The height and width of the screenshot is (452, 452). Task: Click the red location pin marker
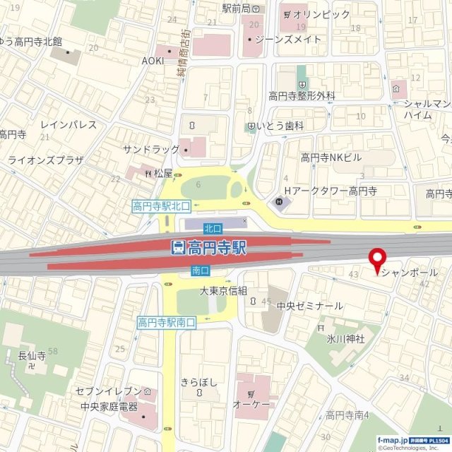point(377,260)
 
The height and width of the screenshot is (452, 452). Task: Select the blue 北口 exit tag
point(213,228)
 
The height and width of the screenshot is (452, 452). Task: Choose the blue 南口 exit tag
point(200,270)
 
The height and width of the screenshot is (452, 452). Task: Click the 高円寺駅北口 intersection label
point(161,206)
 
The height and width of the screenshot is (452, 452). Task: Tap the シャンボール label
point(410,273)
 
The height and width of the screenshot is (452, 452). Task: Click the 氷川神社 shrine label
point(345,339)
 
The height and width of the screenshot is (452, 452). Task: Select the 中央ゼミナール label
point(309,306)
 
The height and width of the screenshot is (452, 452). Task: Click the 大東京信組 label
point(223,291)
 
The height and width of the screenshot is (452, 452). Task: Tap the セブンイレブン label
point(110,392)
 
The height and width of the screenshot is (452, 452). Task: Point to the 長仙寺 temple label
point(32,356)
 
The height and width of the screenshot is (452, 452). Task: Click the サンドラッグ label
point(150,150)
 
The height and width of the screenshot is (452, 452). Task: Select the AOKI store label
point(153,61)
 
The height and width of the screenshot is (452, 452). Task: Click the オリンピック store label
point(321,14)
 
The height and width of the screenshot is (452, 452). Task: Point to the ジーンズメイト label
point(287,40)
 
